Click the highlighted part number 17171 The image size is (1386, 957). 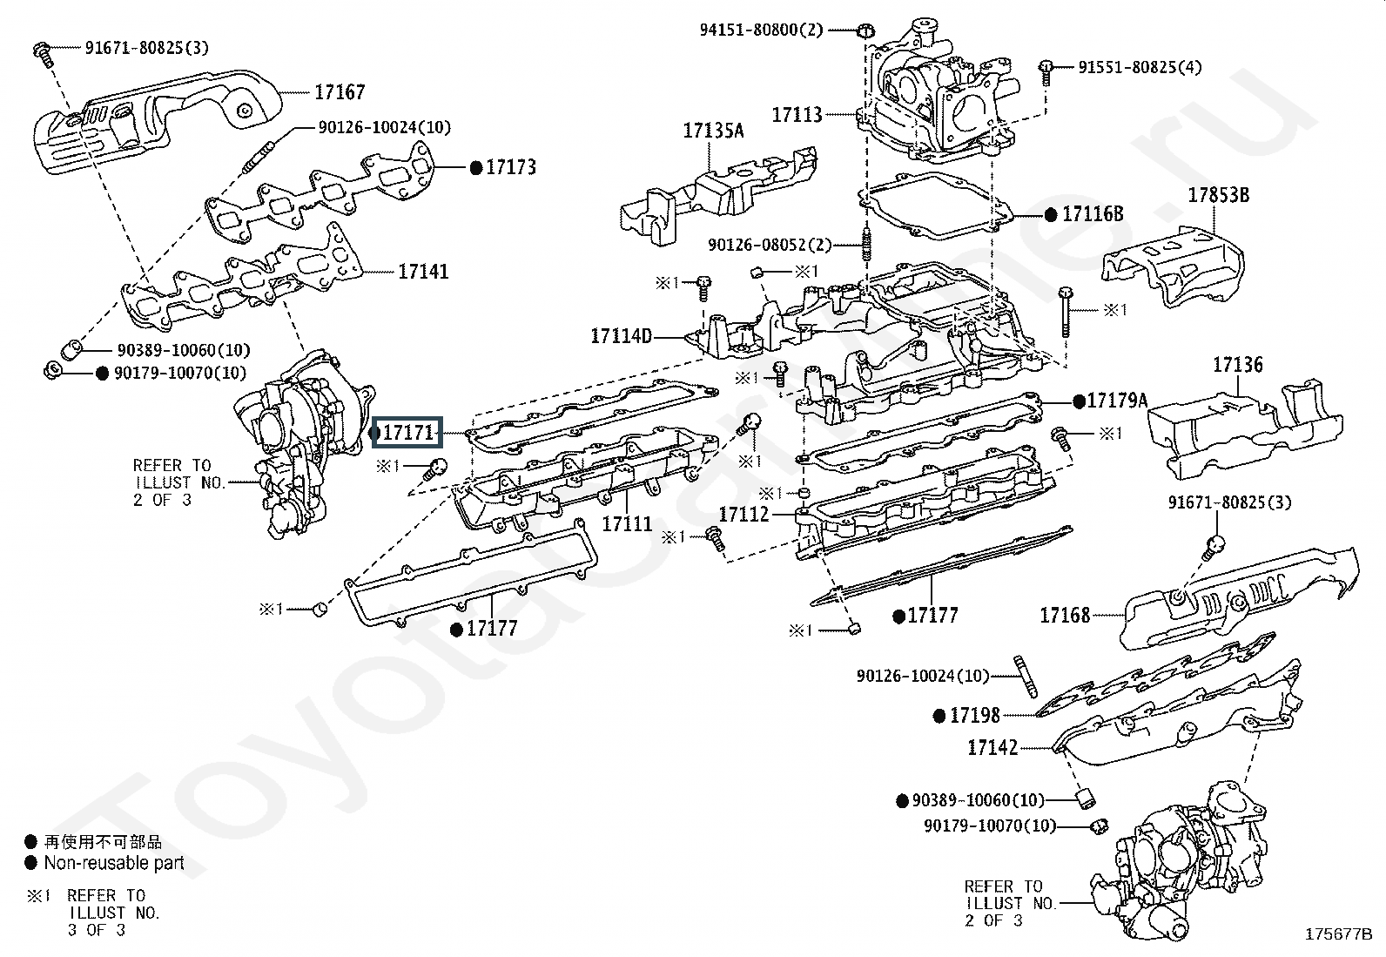pos(408,432)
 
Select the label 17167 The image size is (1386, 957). pos(340,92)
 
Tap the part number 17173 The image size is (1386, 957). pos(511,167)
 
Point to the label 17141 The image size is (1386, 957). pos(423,271)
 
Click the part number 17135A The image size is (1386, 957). pos(713,130)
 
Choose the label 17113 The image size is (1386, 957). pos(797,115)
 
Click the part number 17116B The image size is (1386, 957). pos(1093,214)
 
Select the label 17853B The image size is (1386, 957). pos(1218,195)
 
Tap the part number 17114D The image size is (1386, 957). pos(622,336)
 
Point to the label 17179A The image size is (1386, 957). pos(1117,401)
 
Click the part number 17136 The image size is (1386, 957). pos(1237,365)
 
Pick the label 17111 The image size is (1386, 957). pos(628,523)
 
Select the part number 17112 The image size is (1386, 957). pos(743,514)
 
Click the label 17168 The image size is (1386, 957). pos(1065,615)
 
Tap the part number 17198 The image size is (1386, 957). pos(975,716)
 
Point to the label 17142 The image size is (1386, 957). pos(992,748)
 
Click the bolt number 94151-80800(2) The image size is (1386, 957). pos(762,30)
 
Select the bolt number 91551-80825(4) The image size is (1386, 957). pos(1140,67)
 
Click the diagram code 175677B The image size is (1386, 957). pos(1338,933)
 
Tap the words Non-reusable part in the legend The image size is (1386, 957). pos(114,862)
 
